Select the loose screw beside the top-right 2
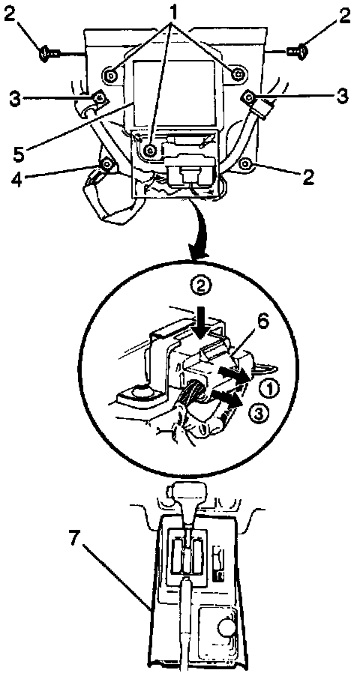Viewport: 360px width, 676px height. pyautogui.click(x=298, y=52)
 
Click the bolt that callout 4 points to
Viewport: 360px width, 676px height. pyautogui.click(x=106, y=164)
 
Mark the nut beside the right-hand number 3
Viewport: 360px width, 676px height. pyautogui.click(x=250, y=96)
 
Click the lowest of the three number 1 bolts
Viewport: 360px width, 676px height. pyautogui.click(x=150, y=150)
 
